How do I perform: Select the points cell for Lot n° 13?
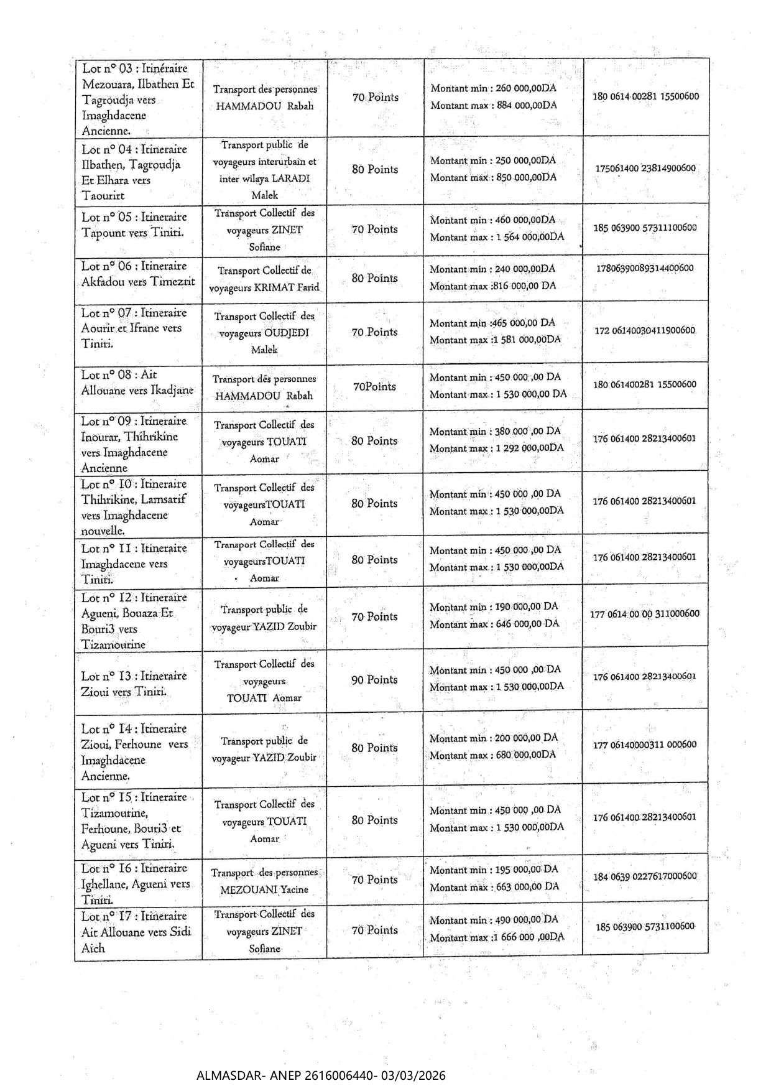click(x=374, y=680)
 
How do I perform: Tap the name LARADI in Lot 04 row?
click(x=291, y=179)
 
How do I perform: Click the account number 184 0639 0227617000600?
click(x=645, y=876)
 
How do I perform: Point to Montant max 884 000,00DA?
click(x=494, y=105)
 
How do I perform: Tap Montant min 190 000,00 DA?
click(x=494, y=606)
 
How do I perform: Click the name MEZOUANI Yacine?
click(x=264, y=889)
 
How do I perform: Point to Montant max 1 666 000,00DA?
click(x=497, y=937)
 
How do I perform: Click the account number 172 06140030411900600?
click(x=645, y=330)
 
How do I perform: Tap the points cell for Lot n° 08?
click(x=374, y=386)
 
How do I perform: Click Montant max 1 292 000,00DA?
click(x=497, y=448)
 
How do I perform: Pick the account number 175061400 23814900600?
click(x=645, y=168)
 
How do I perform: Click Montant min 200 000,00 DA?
click(x=494, y=738)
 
